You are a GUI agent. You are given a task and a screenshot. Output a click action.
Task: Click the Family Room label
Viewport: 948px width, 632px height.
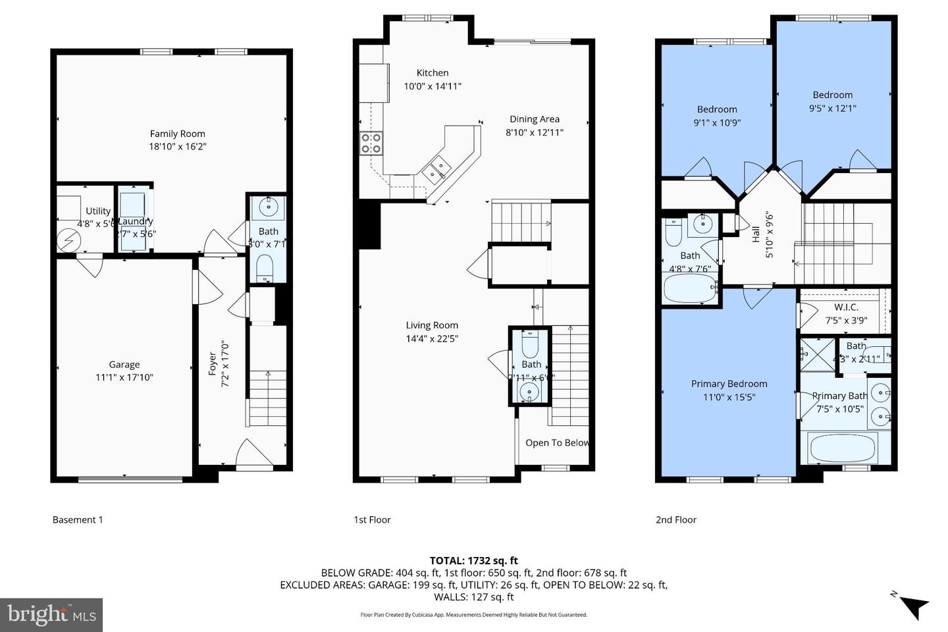click(177, 134)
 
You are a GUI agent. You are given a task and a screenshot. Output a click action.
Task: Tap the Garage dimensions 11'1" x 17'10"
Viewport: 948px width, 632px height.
click(124, 377)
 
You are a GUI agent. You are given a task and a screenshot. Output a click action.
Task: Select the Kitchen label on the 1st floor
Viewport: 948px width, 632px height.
click(433, 73)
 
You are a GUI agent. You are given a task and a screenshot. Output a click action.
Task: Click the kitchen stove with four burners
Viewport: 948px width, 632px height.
click(371, 143)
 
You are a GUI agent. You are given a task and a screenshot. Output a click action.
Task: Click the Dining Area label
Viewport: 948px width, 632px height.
click(534, 119)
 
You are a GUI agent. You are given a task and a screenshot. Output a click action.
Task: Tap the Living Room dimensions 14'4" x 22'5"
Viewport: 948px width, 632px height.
click(432, 338)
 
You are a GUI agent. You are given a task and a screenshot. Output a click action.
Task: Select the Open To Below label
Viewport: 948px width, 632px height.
click(557, 442)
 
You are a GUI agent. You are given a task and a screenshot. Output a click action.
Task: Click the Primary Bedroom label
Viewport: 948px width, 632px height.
click(729, 384)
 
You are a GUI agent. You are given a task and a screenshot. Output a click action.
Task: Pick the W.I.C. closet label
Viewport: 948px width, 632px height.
click(846, 307)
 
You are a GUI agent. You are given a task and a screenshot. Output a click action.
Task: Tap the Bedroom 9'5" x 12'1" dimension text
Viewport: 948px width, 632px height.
click(832, 108)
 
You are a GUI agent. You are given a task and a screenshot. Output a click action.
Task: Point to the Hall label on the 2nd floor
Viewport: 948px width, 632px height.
click(756, 234)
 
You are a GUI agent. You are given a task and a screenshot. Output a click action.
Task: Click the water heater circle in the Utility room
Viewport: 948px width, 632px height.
click(67, 241)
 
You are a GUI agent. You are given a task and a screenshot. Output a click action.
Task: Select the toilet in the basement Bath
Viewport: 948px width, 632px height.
click(265, 267)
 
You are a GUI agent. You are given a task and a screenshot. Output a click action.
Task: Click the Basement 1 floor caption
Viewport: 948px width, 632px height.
click(78, 519)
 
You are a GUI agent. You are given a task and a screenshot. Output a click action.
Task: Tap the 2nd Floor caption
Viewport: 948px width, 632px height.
click(675, 519)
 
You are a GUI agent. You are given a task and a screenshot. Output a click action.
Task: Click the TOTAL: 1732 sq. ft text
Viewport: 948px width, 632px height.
click(473, 560)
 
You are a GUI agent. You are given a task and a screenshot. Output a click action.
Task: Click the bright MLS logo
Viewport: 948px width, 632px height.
click(51, 615)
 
